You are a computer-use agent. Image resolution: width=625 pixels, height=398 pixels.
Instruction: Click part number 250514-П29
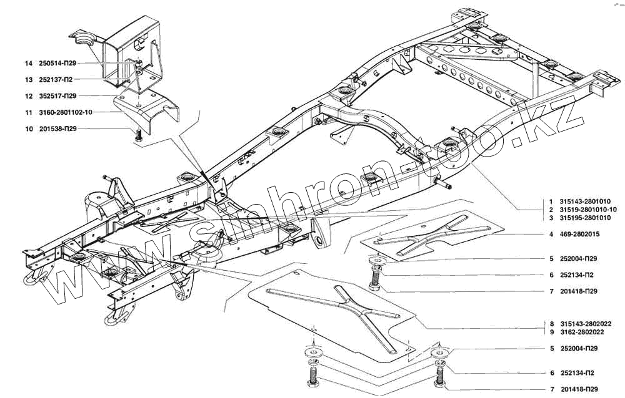[x=57, y=64]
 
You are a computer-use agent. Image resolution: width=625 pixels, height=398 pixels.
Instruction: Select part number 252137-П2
[x=55, y=80]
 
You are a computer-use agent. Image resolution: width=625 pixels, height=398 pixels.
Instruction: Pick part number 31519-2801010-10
[x=591, y=210]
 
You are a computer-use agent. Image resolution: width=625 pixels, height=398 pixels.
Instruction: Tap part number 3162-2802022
[x=581, y=332]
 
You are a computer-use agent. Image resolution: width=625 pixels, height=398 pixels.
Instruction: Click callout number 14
[x=28, y=64]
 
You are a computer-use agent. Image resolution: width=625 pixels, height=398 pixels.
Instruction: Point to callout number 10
[x=28, y=129]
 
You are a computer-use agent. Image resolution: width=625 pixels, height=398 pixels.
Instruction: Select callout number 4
[x=552, y=235]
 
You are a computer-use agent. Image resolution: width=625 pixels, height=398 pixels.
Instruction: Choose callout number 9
[x=552, y=332]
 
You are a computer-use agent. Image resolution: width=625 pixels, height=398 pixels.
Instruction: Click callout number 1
[x=552, y=202]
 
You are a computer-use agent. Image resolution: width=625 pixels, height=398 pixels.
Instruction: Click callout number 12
[x=28, y=96]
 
